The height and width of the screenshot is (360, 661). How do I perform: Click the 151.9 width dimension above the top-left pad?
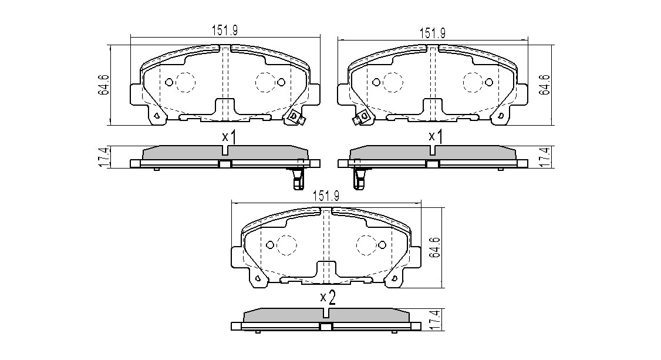[225, 30]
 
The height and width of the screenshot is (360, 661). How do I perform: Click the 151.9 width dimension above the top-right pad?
[433, 33]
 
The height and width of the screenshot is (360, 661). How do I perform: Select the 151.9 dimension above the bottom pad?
[325, 196]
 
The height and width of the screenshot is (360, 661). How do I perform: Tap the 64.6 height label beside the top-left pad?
[104, 85]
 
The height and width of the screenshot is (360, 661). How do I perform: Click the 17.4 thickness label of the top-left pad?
[104, 157]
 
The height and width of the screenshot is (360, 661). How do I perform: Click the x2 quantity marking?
[328, 298]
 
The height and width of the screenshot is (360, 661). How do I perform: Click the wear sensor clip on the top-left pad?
[295, 117]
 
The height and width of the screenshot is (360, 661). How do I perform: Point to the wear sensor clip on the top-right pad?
[362, 117]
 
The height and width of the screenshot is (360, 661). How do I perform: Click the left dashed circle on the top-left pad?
[185, 82]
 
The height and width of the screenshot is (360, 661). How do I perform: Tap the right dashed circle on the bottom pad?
[366, 245]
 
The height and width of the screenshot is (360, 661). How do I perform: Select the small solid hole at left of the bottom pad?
[270, 244]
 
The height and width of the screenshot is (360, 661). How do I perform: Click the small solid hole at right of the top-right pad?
[489, 82]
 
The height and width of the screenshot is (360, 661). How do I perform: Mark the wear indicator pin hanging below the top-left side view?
[298, 179]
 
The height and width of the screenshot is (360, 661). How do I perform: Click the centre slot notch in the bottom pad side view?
[325, 313]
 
